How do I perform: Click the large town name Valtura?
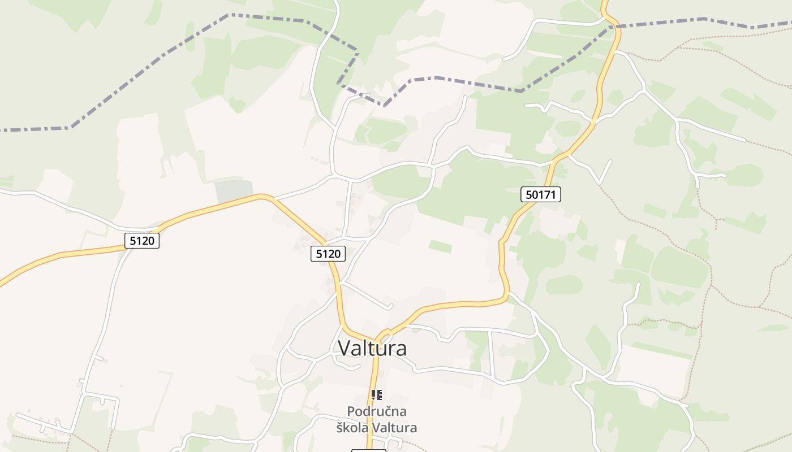point(372,348)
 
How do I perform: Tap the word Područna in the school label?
point(377,411)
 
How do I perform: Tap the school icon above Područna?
point(377,395)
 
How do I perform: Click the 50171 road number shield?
point(540,195)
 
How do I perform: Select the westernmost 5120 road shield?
point(141,241)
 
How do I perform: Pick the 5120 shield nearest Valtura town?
point(328,254)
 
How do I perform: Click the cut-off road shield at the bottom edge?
point(368,450)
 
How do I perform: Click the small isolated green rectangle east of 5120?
point(440,246)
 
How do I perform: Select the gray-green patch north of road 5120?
point(233,190)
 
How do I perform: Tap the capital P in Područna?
point(351,411)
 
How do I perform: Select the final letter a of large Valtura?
point(401,349)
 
